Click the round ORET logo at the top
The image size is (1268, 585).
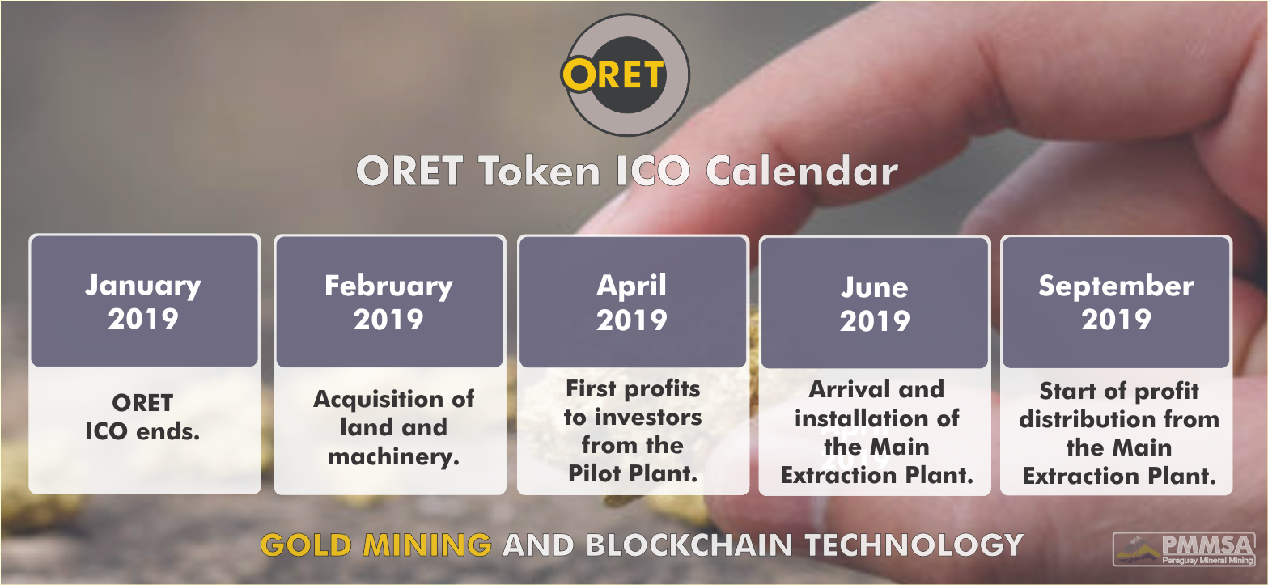(x=626, y=74)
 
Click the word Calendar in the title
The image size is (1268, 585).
(x=802, y=171)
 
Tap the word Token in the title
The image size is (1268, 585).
(x=539, y=171)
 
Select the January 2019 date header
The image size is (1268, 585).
(x=144, y=302)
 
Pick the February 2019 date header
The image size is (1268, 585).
(x=389, y=302)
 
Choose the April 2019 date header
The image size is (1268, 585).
(x=632, y=303)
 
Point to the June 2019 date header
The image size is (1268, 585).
(x=875, y=303)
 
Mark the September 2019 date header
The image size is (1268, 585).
(x=1117, y=303)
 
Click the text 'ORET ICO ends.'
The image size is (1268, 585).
(x=142, y=418)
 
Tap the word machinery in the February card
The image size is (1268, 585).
(x=394, y=456)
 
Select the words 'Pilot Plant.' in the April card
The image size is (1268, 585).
(x=633, y=473)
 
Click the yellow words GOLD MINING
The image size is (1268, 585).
(x=376, y=545)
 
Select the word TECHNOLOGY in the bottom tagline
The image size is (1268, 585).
(x=914, y=545)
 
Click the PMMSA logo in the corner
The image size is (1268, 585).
(x=1184, y=549)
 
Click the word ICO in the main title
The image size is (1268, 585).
(x=653, y=171)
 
